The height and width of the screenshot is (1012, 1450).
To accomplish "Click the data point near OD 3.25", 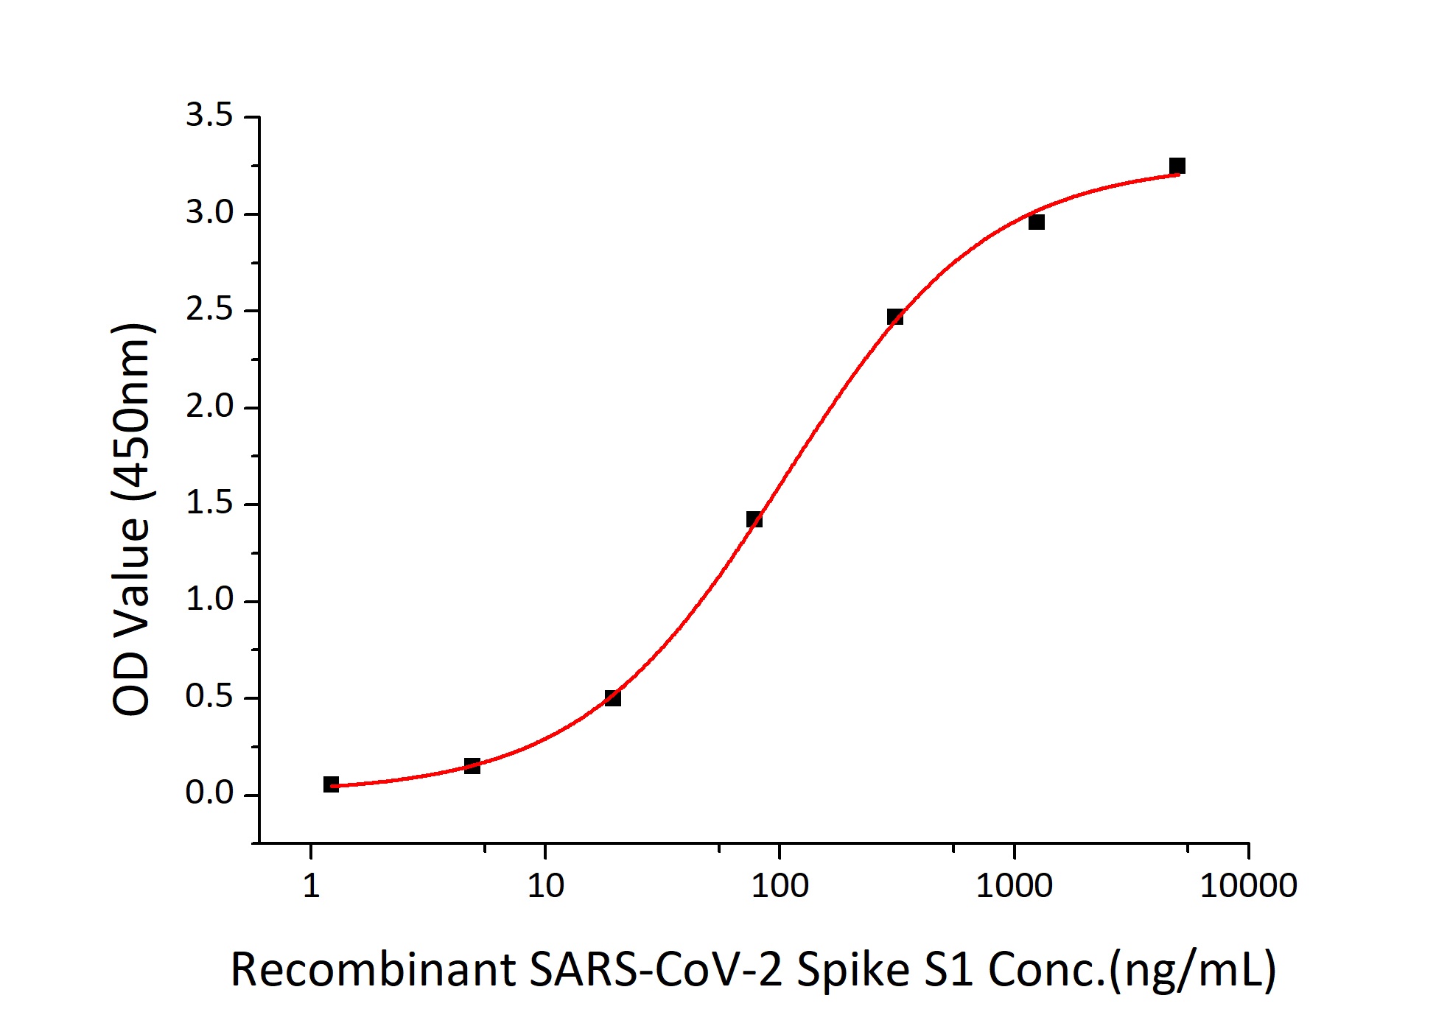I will [1177, 166].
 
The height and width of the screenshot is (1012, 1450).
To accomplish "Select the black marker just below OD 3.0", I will [1036, 222].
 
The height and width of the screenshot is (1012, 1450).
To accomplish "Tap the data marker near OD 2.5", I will [894, 317].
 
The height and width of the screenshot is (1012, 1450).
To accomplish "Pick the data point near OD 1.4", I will [754, 519].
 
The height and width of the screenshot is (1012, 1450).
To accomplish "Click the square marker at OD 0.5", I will [612, 697].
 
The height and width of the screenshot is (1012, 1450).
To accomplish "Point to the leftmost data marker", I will [331, 784].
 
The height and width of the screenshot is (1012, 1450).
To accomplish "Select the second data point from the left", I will [472, 766].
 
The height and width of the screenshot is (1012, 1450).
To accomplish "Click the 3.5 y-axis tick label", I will [209, 116].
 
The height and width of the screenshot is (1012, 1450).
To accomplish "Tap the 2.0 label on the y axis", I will [209, 407].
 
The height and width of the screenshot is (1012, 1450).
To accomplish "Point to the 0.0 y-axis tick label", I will [209, 793].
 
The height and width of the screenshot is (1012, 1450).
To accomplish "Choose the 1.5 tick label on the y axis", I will [209, 504].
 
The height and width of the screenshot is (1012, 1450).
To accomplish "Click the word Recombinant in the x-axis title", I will [372, 970].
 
